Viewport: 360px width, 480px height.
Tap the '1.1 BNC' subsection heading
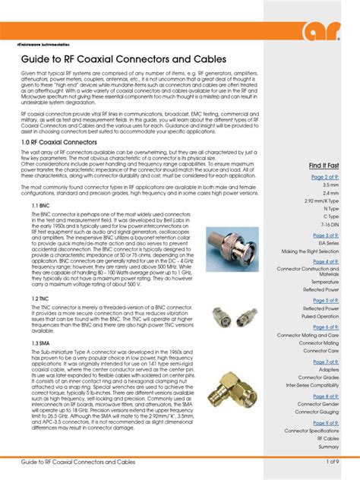tap(41, 206)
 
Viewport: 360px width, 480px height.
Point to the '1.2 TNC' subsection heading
tap(41, 299)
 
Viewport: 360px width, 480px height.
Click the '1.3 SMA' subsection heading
tap(41, 344)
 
